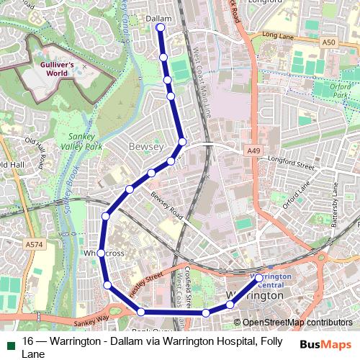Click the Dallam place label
(x=158, y=18)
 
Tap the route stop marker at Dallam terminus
(x=160, y=28)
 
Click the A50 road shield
(x=328, y=43)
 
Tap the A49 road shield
(x=253, y=150)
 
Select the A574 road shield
(x=33, y=245)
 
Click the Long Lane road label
(x=279, y=35)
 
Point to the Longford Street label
(x=291, y=165)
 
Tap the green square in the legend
(x=9, y=343)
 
